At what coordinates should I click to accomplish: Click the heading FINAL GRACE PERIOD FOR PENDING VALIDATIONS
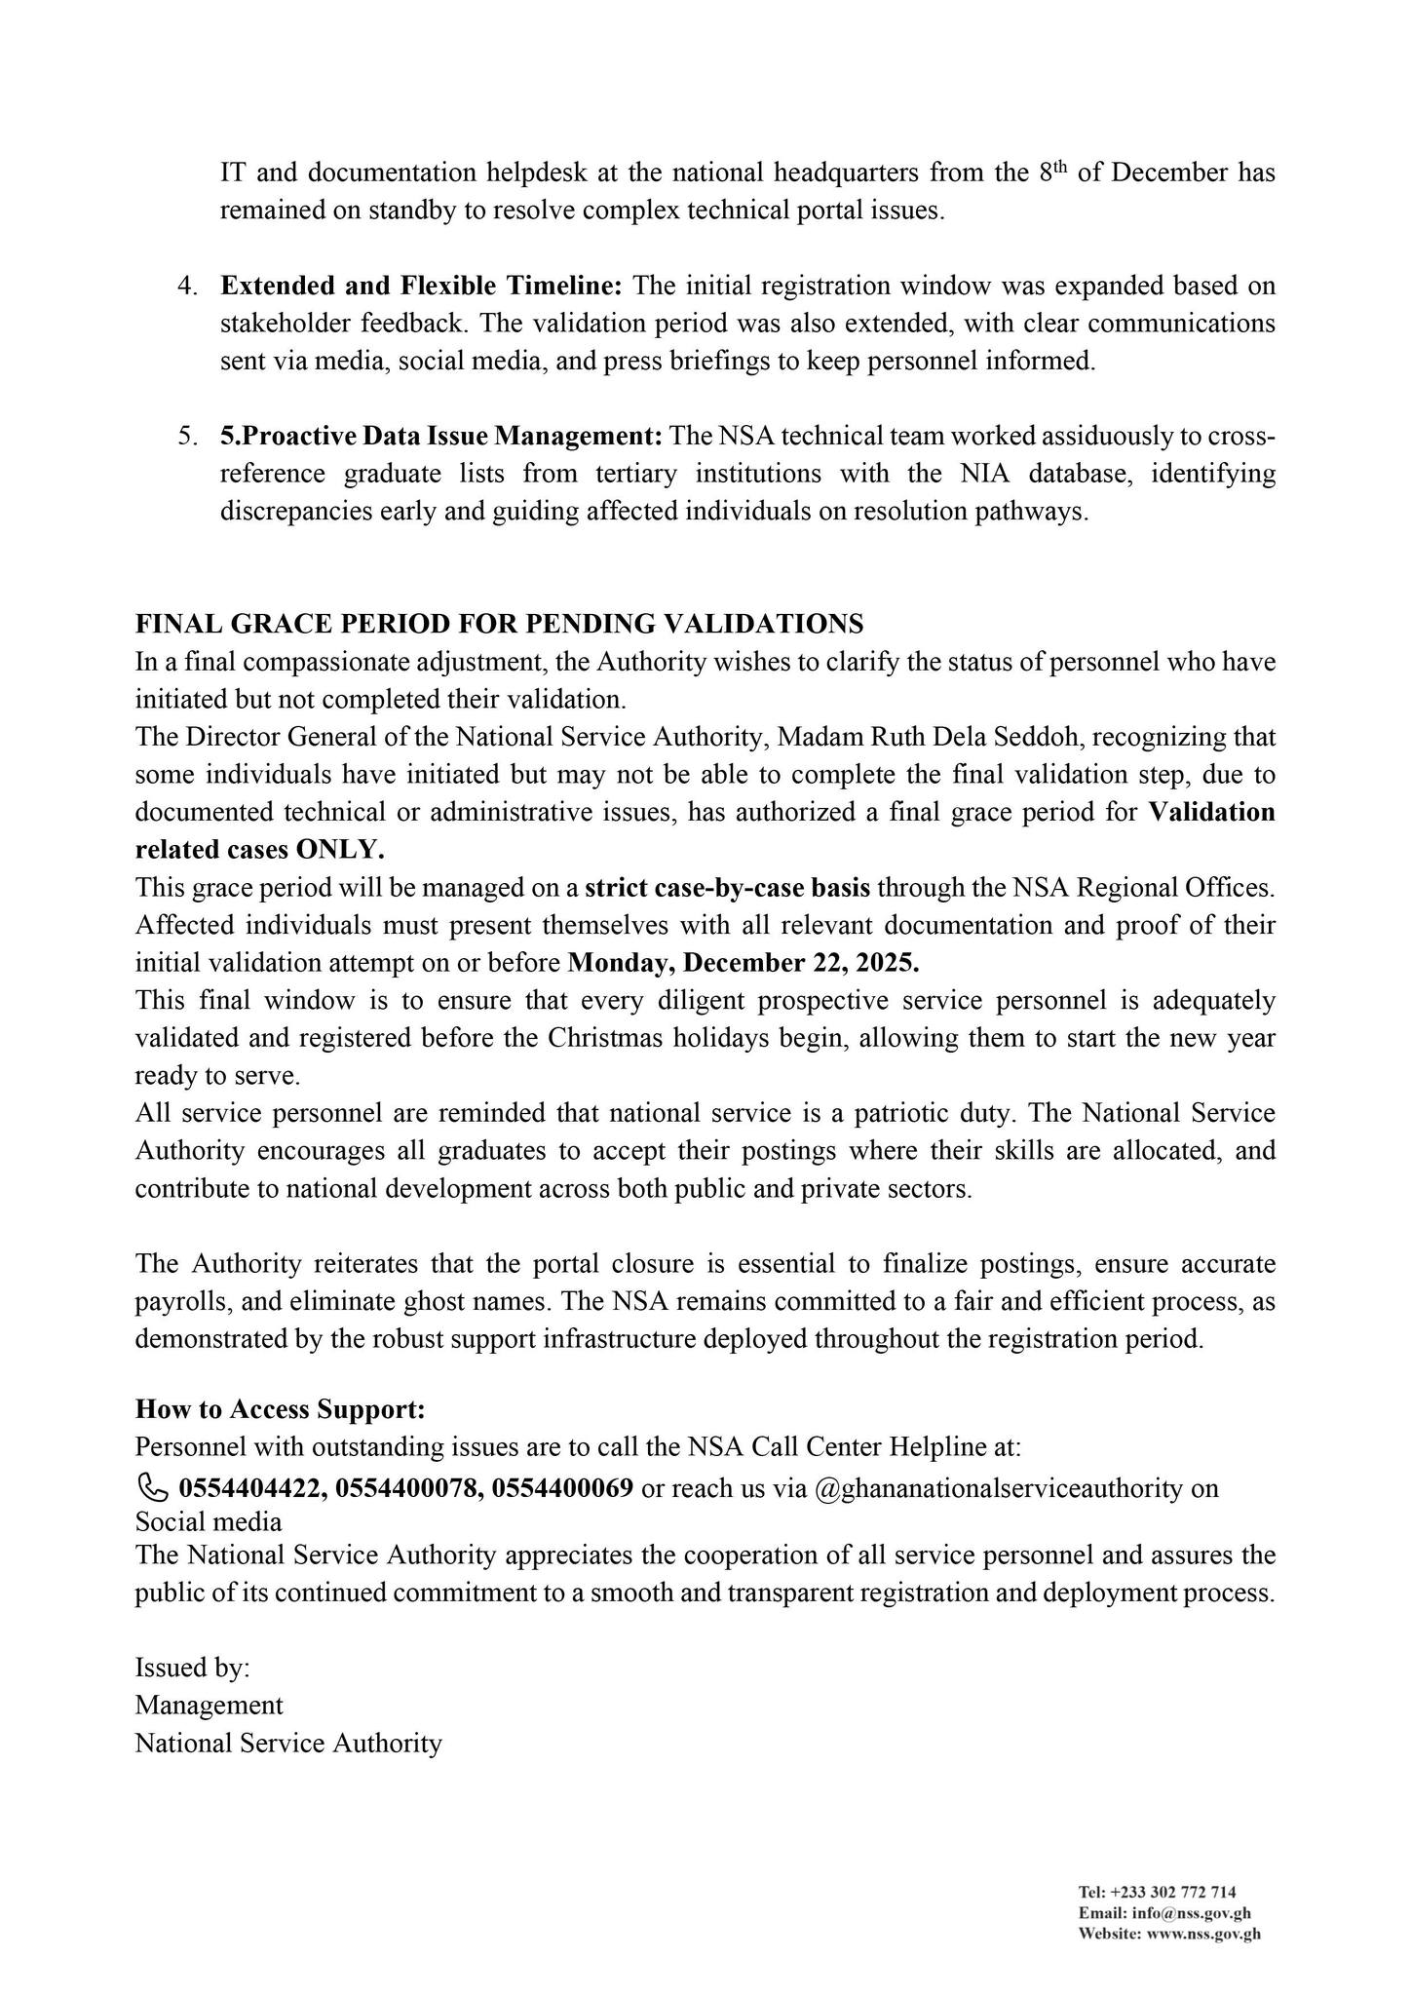click(499, 624)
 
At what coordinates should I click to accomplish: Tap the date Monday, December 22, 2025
click(744, 963)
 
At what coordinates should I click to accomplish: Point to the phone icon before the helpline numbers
click(151, 1488)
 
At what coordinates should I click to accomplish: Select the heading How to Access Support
click(281, 1409)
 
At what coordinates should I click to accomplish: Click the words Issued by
click(192, 1668)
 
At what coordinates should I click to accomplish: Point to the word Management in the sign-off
click(209, 1706)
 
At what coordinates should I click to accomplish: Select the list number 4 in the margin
click(187, 287)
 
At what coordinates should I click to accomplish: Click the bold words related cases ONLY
click(259, 850)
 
